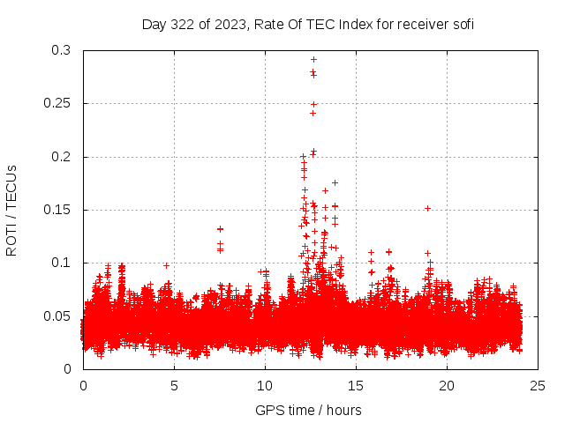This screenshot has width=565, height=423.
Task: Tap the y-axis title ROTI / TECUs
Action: [x=11, y=210]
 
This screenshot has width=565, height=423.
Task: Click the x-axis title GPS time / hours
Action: [x=308, y=410]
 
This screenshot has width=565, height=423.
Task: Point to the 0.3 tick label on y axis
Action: [x=61, y=50]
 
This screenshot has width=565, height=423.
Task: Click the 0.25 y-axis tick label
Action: [x=57, y=103]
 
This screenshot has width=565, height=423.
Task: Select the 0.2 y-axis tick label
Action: [x=61, y=157]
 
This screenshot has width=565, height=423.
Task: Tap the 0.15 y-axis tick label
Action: [x=57, y=210]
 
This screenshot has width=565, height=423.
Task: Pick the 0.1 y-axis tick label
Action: [x=61, y=263]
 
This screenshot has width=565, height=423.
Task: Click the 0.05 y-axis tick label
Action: [x=57, y=315]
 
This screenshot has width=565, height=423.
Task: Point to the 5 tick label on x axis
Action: [x=175, y=385]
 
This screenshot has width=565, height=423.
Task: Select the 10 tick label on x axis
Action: [x=266, y=385]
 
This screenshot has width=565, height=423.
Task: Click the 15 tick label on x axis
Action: [x=357, y=385]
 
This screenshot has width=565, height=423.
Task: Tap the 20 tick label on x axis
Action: [x=448, y=385]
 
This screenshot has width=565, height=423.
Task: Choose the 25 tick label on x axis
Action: [x=539, y=385]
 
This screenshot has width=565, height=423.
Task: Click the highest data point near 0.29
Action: [x=313, y=59]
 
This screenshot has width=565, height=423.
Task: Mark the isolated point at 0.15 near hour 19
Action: [x=427, y=208]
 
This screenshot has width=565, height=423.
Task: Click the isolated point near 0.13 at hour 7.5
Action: [x=220, y=229]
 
